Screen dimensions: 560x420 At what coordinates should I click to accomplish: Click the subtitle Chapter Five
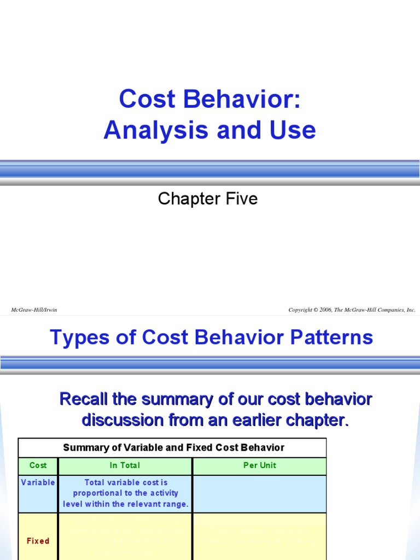pyautogui.click(x=208, y=199)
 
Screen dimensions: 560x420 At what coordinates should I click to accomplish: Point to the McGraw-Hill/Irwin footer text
pyautogui.click(x=34, y=310)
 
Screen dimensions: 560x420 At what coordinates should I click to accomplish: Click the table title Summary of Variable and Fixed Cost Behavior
pyautogui.click(x=173, y=448)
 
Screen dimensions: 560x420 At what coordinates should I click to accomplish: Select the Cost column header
pyautogui.click(x=38, y=466)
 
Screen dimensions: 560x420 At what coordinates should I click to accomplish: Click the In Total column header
pyautogui.click(x=125, y=466)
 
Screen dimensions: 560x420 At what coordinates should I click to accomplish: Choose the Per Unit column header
pyautogui.click(x=259, y=466)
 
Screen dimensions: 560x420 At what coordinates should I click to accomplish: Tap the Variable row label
pyautogui.click(x=38, y=482)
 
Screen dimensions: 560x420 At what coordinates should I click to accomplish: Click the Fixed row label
pyautogui.click(x=38, y=541)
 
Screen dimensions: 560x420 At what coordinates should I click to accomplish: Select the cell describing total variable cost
pyautogui.click(x=125, y=493)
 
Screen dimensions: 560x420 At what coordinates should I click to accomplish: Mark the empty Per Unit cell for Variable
pyautogui.click(x=259, y=494)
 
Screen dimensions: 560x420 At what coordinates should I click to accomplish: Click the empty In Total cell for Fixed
pyautogui.click(x=125, y=536)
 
